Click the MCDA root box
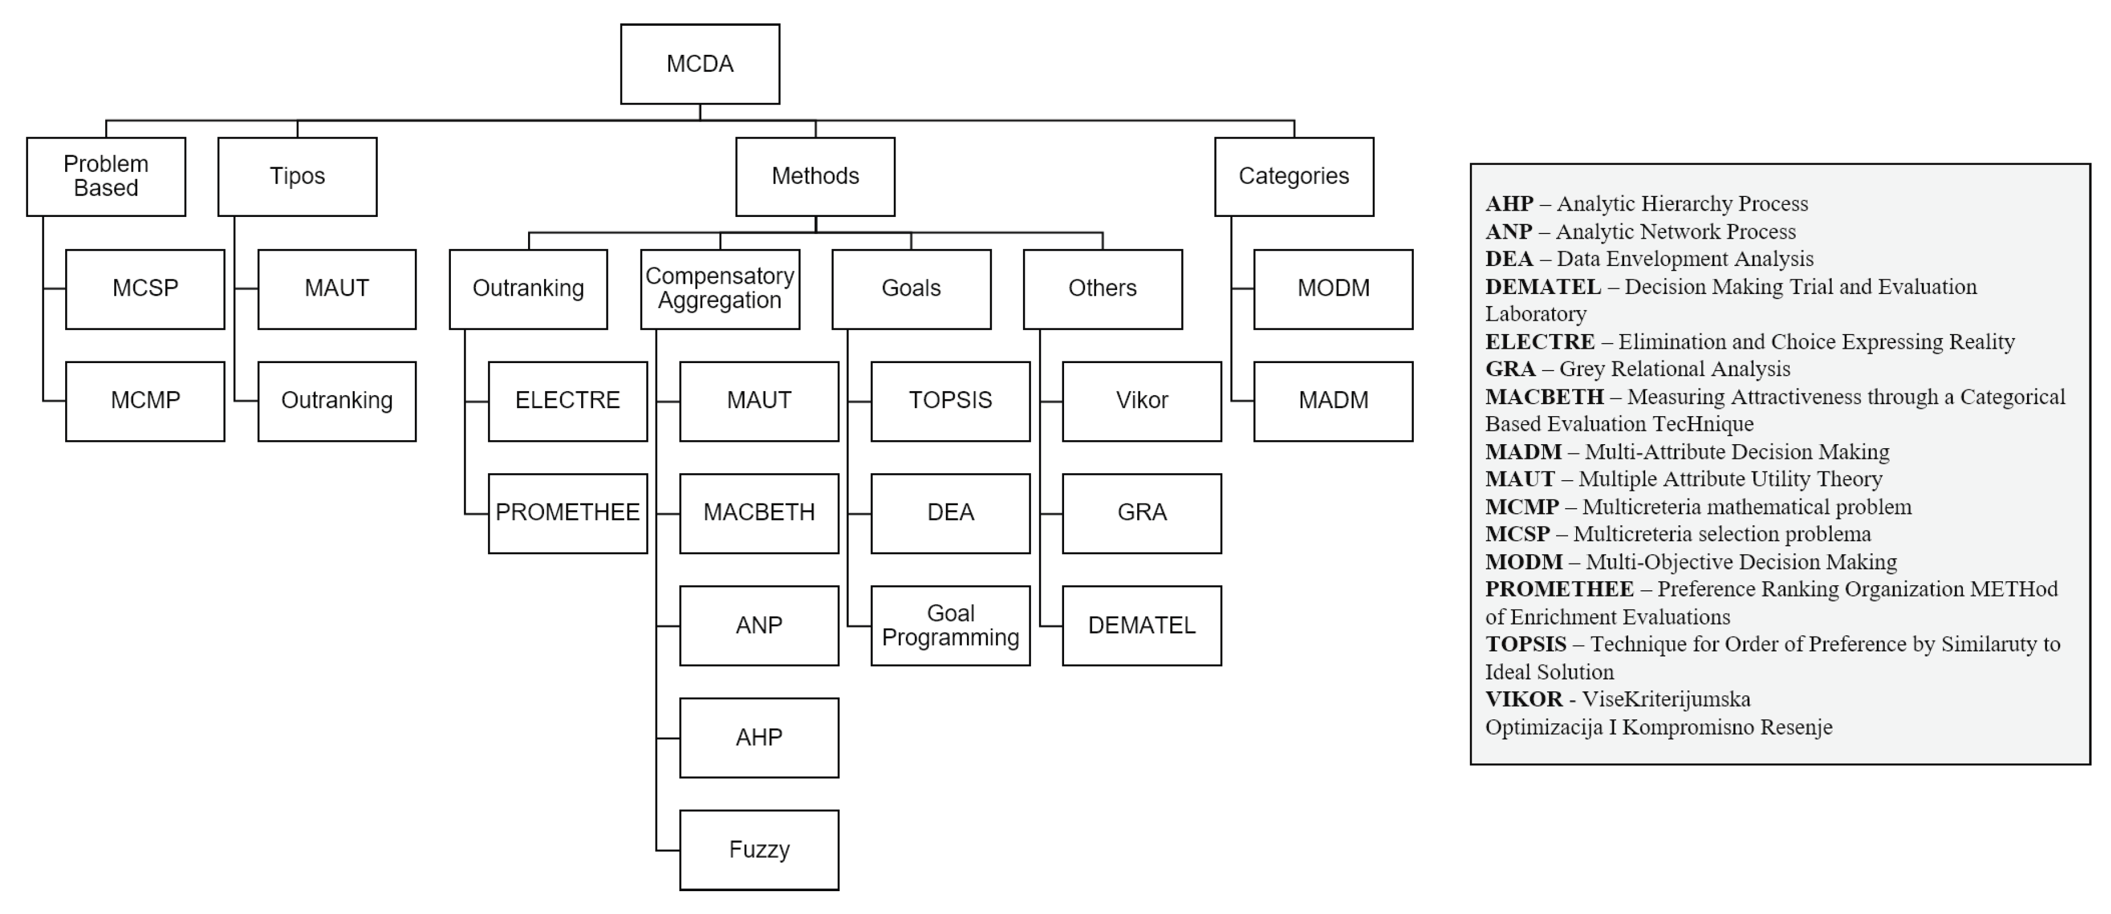pos(700,64)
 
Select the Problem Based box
pos(106,176)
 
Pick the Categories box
pos(1293,176)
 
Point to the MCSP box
pos(145,288)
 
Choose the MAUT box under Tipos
pos(336,288)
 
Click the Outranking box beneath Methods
pos(528,288)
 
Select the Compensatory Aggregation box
pos(719,288)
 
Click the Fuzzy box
pos(759,849)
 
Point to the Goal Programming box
pos(950,625)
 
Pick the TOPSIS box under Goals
pos(950,401)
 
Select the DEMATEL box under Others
pos(1142,625)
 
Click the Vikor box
pos(1142,401)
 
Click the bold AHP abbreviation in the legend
pos(1509,204)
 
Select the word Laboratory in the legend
pos(1536,313)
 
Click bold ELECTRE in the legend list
pos(1540,341)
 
